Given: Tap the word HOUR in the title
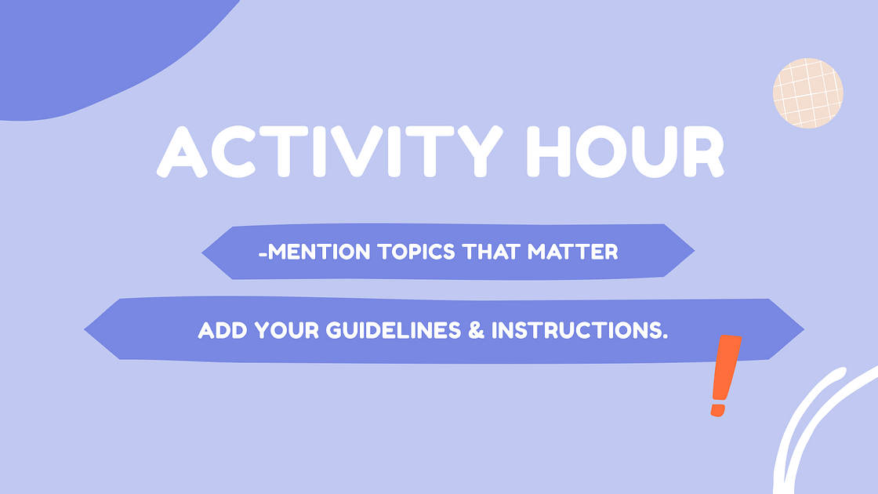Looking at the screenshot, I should point(625,151).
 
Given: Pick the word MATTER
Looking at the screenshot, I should point(574,252).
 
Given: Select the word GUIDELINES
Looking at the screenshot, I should point(387,331).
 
